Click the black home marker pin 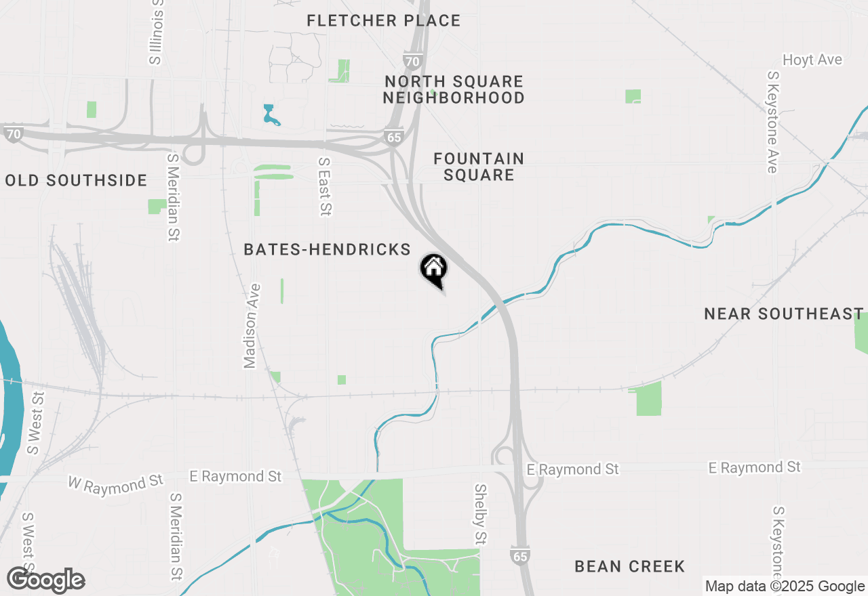[x=434, y=270]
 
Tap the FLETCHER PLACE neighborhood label [x=383, y=21]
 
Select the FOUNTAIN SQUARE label [x=479, y=167]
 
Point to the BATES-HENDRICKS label [x=327, y=250]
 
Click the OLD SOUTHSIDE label [x=76, y=180]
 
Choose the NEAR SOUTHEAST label [x=783, y=314]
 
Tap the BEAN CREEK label [x=629, y=566]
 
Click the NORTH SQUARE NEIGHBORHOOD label [x=454, y=89]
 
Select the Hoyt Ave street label [x=812, y=60]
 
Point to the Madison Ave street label [x=251, y=325]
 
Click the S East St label [x=325, y=187]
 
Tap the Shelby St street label [x=480, y=514]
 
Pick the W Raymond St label [x=116, y=483]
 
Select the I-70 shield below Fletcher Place [x=412, y=60]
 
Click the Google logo [x=46, y=580]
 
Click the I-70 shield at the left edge [x=13, y=133]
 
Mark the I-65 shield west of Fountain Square [x=393, y=136]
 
